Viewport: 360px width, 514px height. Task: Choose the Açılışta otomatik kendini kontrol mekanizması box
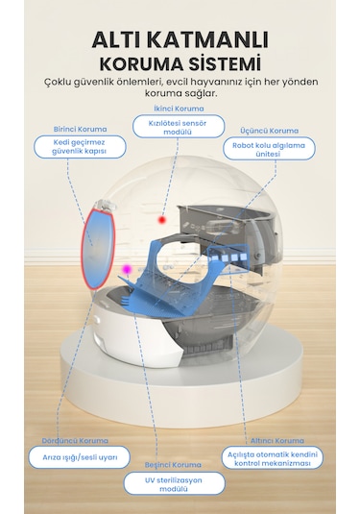[273, 457]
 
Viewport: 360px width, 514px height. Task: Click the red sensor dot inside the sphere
[162, 220]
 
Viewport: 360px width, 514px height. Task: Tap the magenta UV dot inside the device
[125, 270]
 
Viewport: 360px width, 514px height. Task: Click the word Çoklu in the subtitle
[65, 83]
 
